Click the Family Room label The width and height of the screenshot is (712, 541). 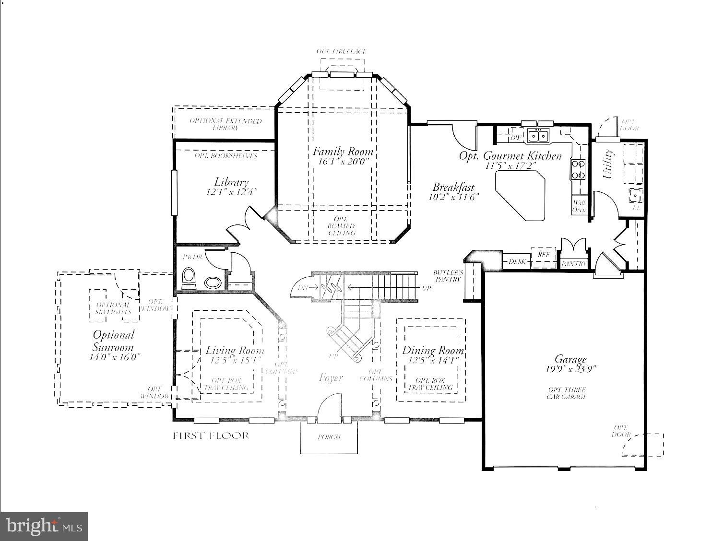[x=343, y=152]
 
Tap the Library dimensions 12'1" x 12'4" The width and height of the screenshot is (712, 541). [x=232, y=192]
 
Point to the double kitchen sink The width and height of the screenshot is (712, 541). [x=538, y=136]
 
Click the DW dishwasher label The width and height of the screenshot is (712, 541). [x=515, y=138]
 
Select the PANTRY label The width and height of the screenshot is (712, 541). [x=573, y=264]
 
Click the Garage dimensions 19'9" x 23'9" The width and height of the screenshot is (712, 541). [x=571, y=369]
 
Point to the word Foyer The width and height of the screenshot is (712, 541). [x=331, y=378]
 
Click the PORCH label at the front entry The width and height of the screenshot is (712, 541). [x=329, y=437]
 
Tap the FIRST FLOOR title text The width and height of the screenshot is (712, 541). [x=211, y=436]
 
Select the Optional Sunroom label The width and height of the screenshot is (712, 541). [x=113, y=341]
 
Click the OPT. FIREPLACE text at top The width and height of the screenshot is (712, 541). [x=341, y=51]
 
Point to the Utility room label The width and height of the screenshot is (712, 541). [x=607, y=164]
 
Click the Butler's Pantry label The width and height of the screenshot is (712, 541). [x=448, y=275]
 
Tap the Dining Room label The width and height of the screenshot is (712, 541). [x=433, y=350]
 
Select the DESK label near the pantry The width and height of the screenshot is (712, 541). [x=516, y=262]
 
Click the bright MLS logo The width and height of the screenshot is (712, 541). [x=44, y=526]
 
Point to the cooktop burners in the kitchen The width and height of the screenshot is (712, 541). [x=578, y=169]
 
